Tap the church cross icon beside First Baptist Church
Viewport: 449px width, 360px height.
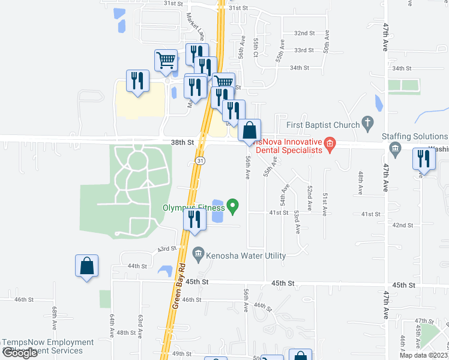[369, 124]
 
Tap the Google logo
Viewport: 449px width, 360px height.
[20, 353]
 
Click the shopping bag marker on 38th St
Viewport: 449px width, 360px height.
[250, 130]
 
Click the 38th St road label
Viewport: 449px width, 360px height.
[182, 143]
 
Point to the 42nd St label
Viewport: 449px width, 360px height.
[402, 225]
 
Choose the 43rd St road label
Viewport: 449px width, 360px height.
[167, 248]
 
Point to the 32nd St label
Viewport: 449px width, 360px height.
[304, 33]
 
